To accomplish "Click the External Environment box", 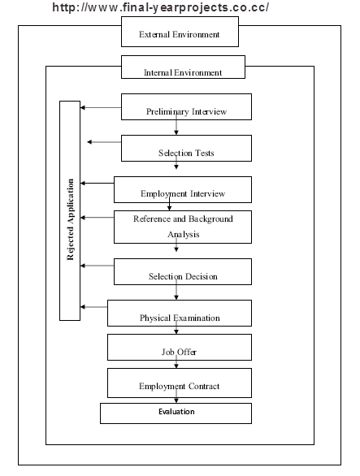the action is click(180, 32).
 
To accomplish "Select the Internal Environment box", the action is click(183, 67).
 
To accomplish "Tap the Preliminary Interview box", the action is click(186, 107).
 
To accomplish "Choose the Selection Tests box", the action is click(186, 148).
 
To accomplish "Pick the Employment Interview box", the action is click(183, 189).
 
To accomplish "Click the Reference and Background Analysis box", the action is click(183, 227).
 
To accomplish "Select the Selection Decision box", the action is click(183, 271).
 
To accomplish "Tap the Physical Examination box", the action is click(180, 313).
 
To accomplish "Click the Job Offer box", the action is click(180, 348).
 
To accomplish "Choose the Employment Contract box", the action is click(180, 383).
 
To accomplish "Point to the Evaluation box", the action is click(176, 413).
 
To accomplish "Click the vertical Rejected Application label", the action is click(70, 219).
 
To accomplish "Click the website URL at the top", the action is click(160, 7).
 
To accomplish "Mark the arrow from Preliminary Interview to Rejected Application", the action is click(101, 107).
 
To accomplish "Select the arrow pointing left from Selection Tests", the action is click(104, 142).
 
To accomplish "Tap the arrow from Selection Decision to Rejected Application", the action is click(98, 266).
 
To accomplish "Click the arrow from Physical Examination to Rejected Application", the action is click(94, 307).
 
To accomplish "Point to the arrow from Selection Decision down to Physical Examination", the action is click(176, 289).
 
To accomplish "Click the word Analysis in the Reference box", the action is click(184, 235).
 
